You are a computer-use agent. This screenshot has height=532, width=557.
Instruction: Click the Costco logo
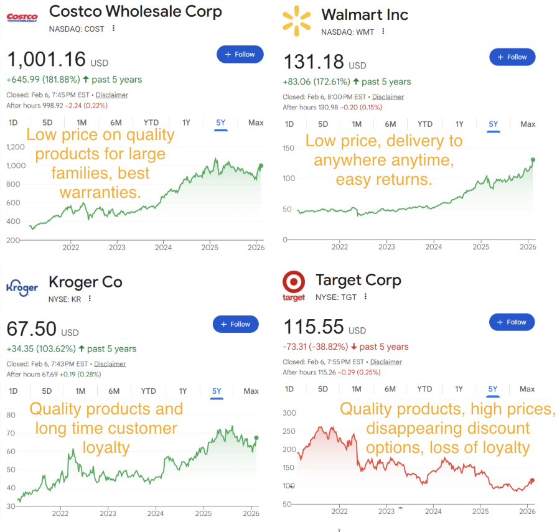tap(21, 17)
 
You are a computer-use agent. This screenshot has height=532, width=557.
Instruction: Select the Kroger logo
tap(22, 287)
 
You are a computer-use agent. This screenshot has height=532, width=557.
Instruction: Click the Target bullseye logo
tap(294, 286)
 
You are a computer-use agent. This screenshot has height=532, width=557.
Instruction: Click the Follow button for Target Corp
tap(512, 322)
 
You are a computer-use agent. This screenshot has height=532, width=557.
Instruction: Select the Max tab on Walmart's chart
tap(527, 124)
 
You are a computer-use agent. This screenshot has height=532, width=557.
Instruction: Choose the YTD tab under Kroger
tap(148, 391)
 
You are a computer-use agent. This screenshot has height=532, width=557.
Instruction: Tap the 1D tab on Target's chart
tap(289, 390)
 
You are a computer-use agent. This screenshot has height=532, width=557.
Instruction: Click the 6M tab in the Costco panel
tap(115, 123)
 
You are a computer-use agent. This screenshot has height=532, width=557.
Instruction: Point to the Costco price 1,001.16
tap(46, 60)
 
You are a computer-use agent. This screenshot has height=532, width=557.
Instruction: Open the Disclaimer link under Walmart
tap(388, 97)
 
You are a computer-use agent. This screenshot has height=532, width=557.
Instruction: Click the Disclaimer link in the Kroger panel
tap(110, 364)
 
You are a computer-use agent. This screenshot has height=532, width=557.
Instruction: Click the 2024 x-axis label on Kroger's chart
tap(156, 513)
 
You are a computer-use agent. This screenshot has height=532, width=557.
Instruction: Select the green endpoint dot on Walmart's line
tap(533, 160)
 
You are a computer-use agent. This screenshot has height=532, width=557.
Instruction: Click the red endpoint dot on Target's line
tap(532, 480)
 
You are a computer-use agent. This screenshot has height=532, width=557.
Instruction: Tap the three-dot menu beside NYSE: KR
tap(90, 299)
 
